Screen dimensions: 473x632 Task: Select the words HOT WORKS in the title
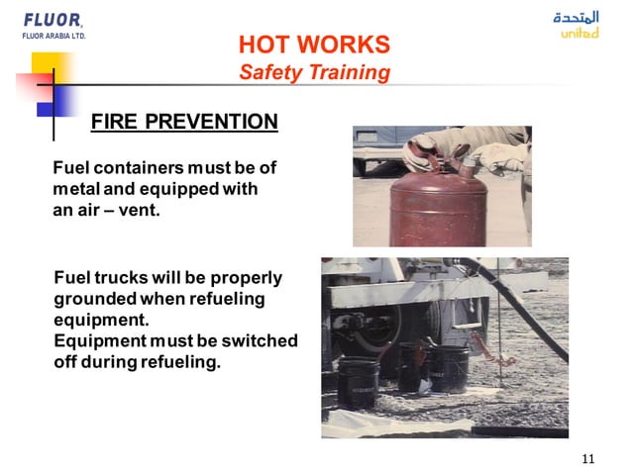pos(314,45)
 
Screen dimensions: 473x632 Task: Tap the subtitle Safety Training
pos(314,72)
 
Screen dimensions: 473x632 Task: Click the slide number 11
pos(588,457)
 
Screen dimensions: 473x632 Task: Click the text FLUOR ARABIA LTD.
pos(53,36)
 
